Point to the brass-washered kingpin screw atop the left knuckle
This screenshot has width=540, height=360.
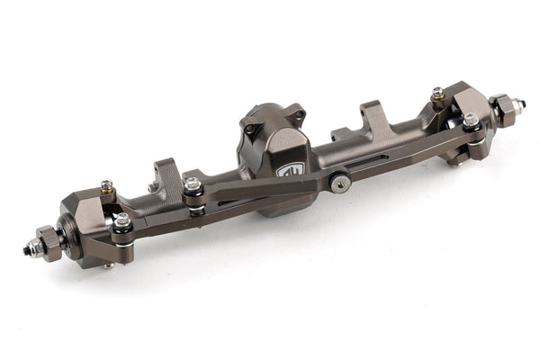tap(107, 186)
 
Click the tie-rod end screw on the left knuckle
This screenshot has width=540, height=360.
tap(121, 220)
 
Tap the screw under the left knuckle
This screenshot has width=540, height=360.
tap(108, 265)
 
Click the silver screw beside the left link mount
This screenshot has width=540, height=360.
tap(192, 184)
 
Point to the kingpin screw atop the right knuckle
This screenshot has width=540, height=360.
tap(437, 93)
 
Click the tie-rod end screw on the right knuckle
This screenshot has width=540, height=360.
tap(470, 120)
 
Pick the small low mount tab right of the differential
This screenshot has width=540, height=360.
tap(340, 135)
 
